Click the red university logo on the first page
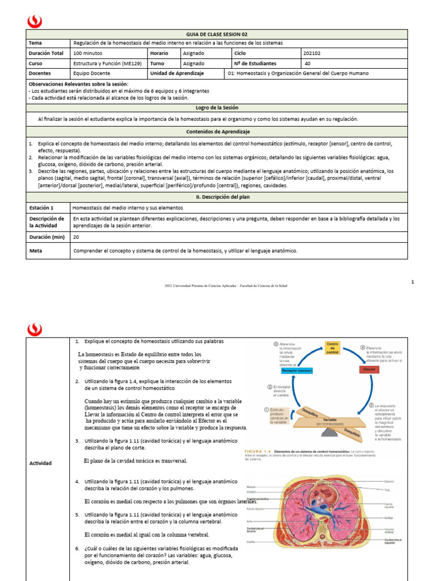point(35,21)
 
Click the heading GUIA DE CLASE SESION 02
point(217,34)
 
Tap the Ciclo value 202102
point(314,53)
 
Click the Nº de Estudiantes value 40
point(308,64)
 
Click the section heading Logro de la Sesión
point(217,107)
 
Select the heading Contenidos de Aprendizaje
point(217,132)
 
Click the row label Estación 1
point(41,208)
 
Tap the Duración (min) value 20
point(76,237)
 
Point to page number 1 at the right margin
point(413,281)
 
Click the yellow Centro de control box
point(332,348)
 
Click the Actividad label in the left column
point(40,463)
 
